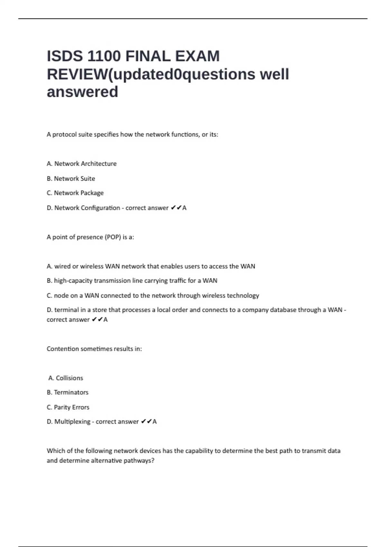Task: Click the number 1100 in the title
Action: [104, 56]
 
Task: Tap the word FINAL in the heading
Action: [148, 56]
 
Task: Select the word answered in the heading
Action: [82, 92]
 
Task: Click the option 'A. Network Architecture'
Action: [82, 164]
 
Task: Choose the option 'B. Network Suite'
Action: [71, 179]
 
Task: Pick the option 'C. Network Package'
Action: [75, 193]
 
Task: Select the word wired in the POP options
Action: [62, 266]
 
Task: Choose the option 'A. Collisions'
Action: [66, 378]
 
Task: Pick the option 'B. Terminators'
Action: [68, 393]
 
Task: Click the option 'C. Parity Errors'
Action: [68, 407]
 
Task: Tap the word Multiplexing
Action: [72, 422]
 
